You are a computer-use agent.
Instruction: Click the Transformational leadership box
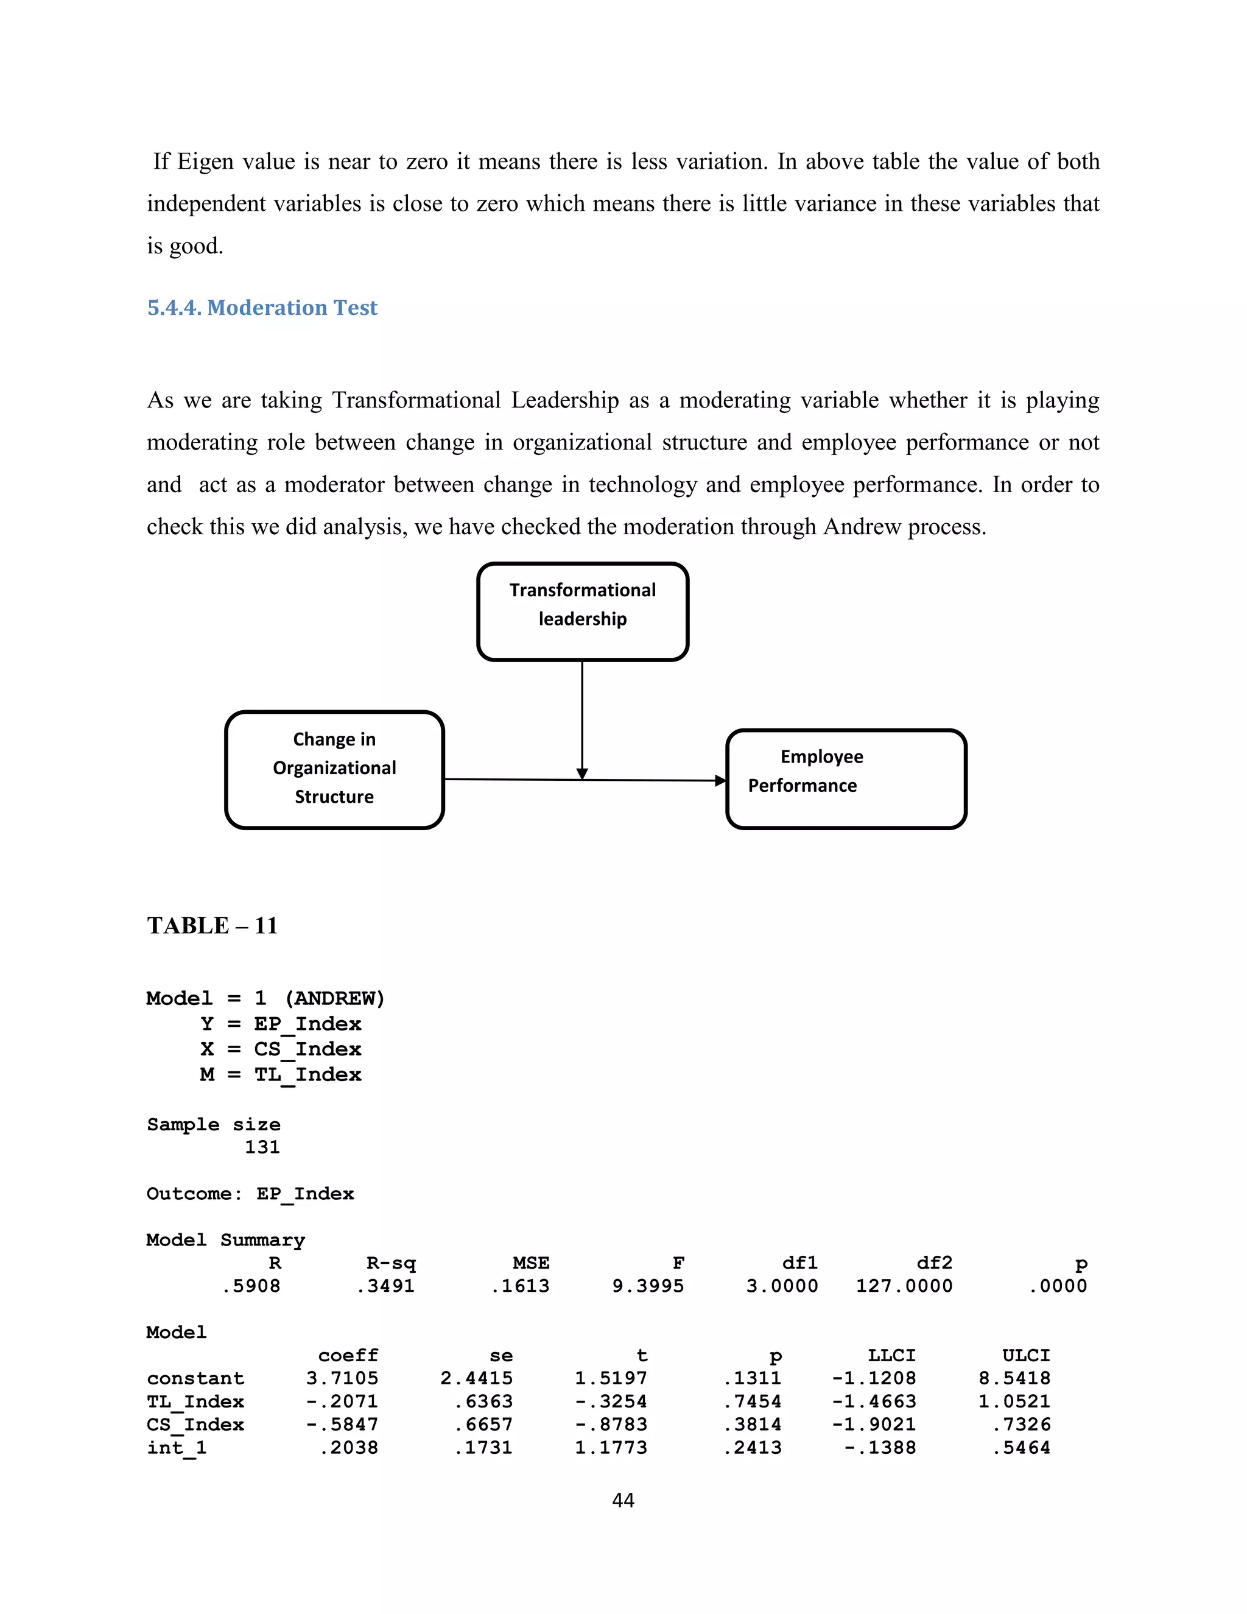(582, 611)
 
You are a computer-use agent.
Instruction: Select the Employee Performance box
(846, 778)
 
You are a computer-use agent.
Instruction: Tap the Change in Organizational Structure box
(334, 769)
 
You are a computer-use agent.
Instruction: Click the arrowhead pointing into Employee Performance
(720, 780)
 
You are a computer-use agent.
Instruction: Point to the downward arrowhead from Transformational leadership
(582, 773)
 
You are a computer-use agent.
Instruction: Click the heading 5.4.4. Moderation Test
(262, 308)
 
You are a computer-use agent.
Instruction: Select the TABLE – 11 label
(212, 925)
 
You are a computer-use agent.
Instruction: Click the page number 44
(623, 1499)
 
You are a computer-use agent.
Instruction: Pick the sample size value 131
(262, 1147)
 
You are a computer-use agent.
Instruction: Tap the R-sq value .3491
(385, 1286)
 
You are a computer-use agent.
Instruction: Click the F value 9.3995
(648, 1286)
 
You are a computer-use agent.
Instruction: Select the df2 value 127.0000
(904, 1286)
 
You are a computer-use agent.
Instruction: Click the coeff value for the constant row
(342, 1378)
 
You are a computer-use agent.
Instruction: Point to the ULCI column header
(1025, 1355)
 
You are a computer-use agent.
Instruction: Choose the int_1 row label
(177, 1448)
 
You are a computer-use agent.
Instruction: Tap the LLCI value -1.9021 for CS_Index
(873, 1424)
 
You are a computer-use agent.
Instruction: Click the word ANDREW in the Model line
(334, 998)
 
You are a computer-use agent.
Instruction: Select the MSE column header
(530, 1263)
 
